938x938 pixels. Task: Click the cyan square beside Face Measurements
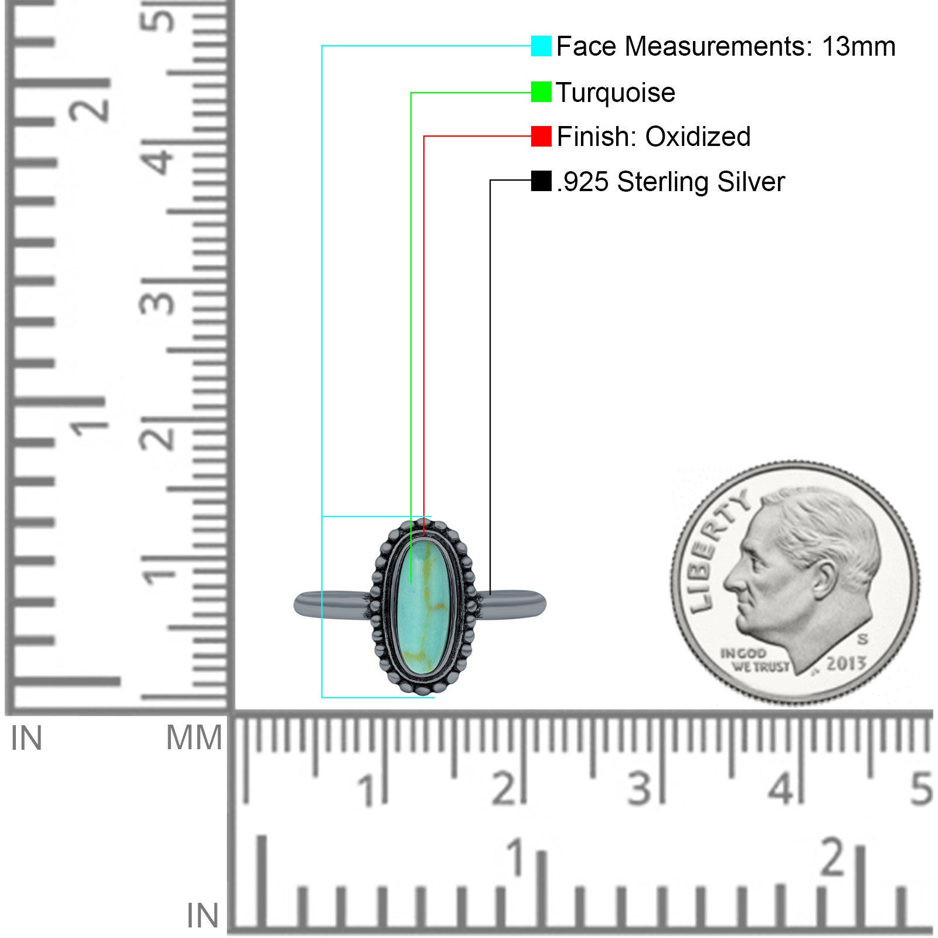[x=541, y=46]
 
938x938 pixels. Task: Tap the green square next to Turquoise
[x=541, y=92]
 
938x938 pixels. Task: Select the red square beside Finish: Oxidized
[x=541, y=137]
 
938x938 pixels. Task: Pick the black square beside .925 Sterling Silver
[x=541, y=181]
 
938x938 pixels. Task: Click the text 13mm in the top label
[x=858, y=46]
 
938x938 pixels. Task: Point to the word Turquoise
[x=616, y=93]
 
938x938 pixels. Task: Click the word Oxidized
[x=698, y=137]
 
